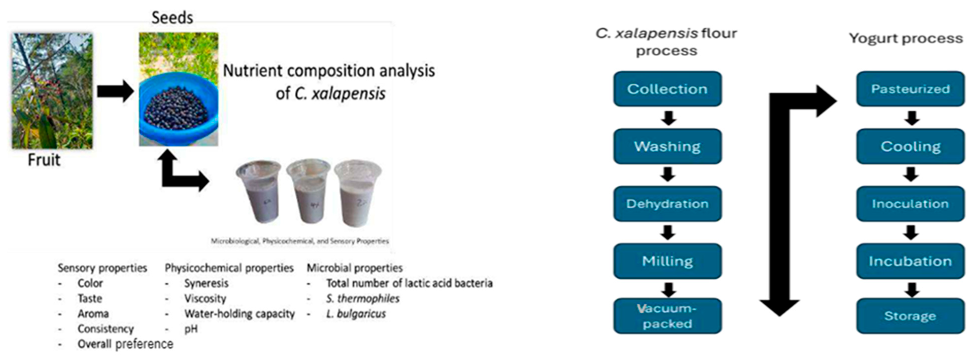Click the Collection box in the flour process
click(667, 89)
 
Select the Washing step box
click(667, 146)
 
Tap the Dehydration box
click(667, 204)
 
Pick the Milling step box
click(667, 261)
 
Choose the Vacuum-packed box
click(667, 316)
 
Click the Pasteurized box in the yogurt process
click(910, 89)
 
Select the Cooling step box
click(910, 146)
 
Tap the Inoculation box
click(910, 204)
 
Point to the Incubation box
click(910, 261)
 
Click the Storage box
click(910, 316)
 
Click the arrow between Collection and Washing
click(668, 118)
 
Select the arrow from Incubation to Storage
click(911, 289)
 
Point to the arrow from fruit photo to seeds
click(115, 91)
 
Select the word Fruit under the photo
click(44, 160)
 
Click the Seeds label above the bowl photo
click(172, 18)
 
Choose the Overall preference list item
click(125, 344)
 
